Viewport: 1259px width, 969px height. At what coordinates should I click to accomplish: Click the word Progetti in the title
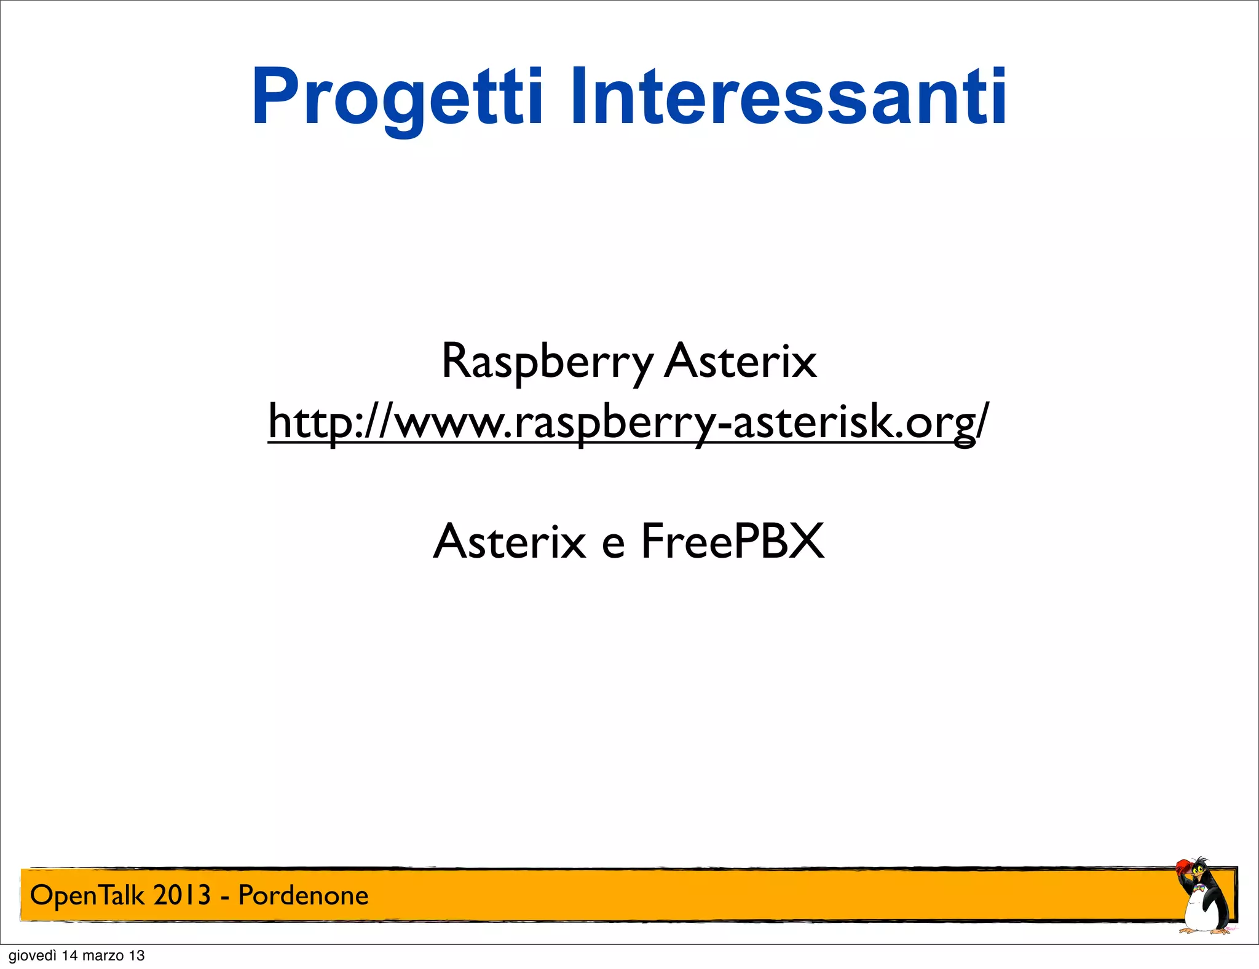pos(397,98)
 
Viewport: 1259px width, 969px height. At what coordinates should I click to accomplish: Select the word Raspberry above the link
pos(547,362)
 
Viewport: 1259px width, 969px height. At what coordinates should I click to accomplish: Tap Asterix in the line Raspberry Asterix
pos(740,362)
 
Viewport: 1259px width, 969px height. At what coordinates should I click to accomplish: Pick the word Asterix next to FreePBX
pos(510,542)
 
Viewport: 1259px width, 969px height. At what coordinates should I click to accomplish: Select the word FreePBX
pos(732,542)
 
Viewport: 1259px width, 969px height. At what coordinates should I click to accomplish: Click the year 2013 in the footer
pos(181,895)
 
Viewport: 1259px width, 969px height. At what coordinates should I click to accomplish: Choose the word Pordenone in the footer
pos(303,896)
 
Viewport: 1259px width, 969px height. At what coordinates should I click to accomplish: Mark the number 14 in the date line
pos(70,956)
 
